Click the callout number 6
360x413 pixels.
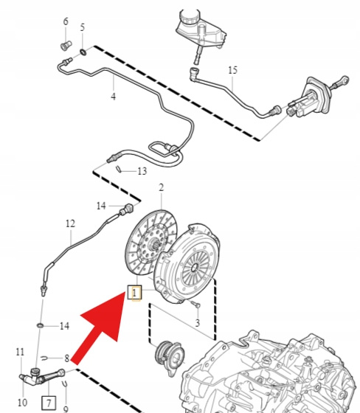(x=66, y=21)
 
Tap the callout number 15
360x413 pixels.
(x=232, y=70)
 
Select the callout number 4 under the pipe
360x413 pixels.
(x=113, y=96)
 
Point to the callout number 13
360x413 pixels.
(x=142, y=171)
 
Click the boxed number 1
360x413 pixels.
(x=135, y=292)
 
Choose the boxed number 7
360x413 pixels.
(x=49, y=403)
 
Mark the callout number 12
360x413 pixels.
(x=70, y=223)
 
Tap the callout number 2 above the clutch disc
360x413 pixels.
(x=161, y=187)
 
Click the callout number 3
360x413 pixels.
(x=198, y=323)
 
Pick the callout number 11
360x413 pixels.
(x=20, y=352)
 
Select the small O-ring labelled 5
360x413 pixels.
(x=83, y=52)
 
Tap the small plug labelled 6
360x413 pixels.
(x=66, y=46)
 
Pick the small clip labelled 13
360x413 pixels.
(x=119, y=169)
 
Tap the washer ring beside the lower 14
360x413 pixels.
(x=41, y=326)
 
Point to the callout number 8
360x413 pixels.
(x=67, y=358)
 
